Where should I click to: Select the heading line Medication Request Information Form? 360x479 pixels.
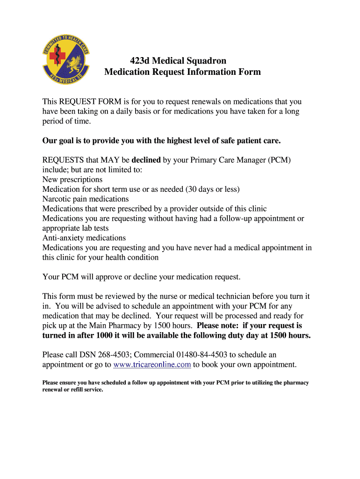182,72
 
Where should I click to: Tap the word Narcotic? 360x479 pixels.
57,199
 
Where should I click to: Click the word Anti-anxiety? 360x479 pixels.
63,238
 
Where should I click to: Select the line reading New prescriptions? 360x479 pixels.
72,180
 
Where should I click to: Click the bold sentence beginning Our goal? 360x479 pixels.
162,141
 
